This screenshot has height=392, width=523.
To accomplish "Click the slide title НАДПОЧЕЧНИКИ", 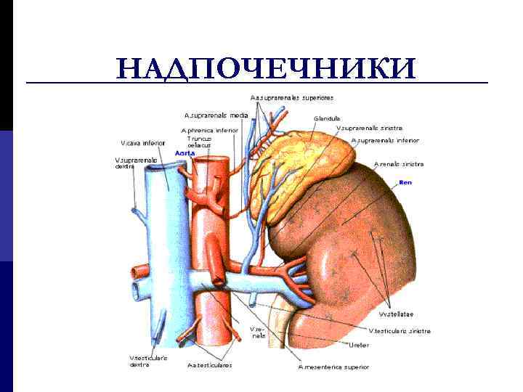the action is click(266, 68).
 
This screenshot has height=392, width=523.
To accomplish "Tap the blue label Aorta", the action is click(185, 153).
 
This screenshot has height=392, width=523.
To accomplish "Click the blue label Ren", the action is click(405, 182).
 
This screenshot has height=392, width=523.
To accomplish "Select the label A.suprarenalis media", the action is click(216, 115).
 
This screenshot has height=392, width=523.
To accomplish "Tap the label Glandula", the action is click(327, 118).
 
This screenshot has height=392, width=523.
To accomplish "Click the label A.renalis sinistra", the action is click(399, 165).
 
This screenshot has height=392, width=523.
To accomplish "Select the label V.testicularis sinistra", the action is click(400, 330).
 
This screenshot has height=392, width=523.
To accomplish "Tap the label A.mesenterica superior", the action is click(333, 367).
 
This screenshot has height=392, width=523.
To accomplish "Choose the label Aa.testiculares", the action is click(210, 365).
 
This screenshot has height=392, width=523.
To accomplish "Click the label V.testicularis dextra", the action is click(149, 361).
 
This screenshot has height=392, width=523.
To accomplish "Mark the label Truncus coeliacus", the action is click(198, 142).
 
